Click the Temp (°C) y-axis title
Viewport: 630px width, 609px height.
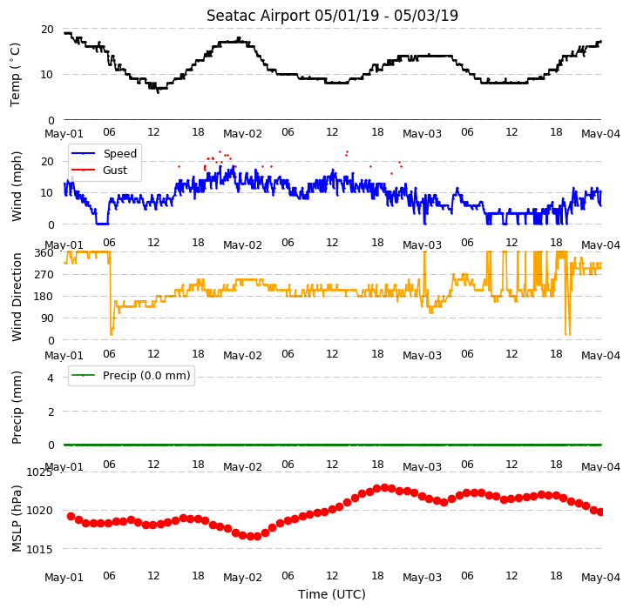coord(16,75)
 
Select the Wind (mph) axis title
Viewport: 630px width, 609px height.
coord(16,186)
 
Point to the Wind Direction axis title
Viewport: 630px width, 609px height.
coord(16,298)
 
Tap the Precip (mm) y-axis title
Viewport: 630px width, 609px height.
coord(16,408)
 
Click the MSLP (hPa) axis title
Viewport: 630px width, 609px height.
coord(16,519)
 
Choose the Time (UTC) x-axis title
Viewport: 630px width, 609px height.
coord(332,594)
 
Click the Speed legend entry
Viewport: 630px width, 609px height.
coord(105,154)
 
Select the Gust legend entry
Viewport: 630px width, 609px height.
coord(99,171)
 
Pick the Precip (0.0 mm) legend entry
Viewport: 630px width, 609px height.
coord(131,376)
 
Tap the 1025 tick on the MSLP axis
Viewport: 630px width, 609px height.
coord(39,472)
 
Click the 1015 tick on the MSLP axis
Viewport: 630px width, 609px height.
coord(39,549)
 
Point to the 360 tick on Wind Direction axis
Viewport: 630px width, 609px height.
coord(44,253)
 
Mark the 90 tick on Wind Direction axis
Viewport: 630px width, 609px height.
coord(47,318)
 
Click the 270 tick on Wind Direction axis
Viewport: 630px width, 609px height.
coord(44,275)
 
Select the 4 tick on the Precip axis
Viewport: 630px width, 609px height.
coord(51,378)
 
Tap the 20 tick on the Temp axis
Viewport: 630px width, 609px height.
coord(47,30)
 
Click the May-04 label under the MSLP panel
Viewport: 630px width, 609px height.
coord(600,578)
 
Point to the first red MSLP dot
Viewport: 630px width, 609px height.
coord(71,516)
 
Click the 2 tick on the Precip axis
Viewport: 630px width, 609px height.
coord(51,412)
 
